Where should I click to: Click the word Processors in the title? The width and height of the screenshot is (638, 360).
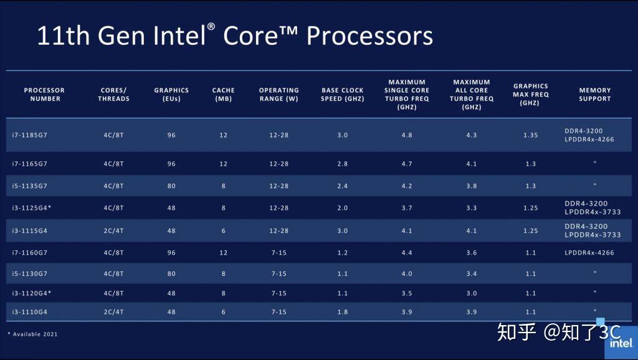tap(369, 36)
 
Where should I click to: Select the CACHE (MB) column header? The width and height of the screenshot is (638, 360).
tap(224, 95)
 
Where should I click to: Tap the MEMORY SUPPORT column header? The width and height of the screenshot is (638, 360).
tap(594, 95)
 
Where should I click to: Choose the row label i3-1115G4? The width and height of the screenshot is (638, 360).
tap(29, 231)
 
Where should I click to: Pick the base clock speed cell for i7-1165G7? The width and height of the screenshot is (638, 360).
tap(342, 164)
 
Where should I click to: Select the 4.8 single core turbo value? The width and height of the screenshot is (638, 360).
tap(407, 135)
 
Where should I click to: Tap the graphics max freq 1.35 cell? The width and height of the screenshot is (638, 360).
tap(530, 135)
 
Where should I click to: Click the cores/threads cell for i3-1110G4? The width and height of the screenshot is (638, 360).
tap(113, 312)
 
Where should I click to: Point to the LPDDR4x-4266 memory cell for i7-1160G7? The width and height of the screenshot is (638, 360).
tap(589, 253)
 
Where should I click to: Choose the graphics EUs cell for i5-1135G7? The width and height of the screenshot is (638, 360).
tap(171, 186)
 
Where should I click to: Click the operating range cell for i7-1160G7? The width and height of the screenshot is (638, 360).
tap(279, 253)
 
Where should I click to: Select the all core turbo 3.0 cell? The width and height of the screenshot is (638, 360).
tap(472, 293)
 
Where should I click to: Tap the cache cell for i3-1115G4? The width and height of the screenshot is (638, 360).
tap(224, 231)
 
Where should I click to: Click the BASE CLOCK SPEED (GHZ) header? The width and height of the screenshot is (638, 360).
tap(343, 95)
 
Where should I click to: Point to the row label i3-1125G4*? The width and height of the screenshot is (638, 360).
tap(31, 208)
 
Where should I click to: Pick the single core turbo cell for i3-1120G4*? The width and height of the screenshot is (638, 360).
tap(407, 293)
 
